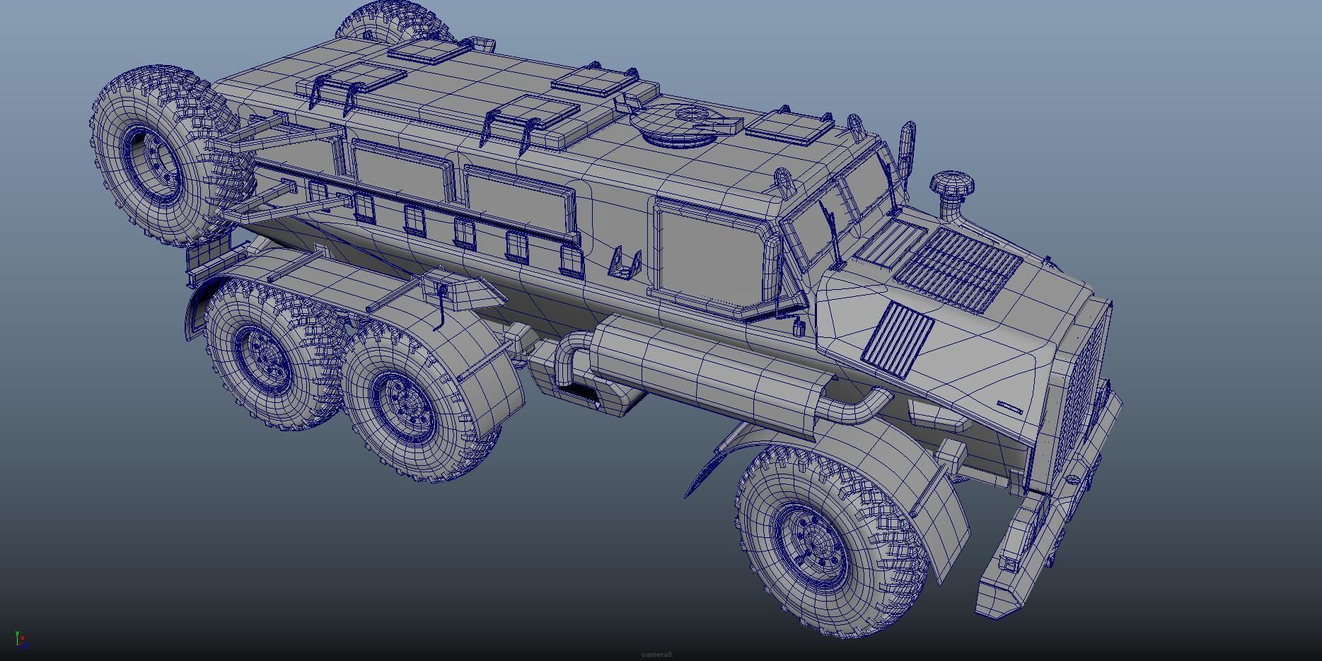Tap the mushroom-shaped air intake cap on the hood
point(952,185)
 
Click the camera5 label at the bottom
point(656,655)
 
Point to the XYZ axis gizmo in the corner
point(21,640)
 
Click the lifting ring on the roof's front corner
point(784,180)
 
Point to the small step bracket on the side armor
point(625,263)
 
